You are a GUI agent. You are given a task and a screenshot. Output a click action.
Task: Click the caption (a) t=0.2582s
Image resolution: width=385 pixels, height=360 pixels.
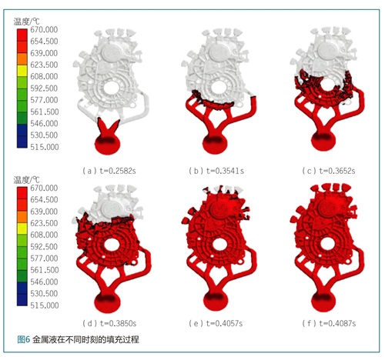click(109, 171)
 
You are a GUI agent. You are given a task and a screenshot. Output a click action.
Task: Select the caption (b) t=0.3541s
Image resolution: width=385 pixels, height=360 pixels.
click(216, 171)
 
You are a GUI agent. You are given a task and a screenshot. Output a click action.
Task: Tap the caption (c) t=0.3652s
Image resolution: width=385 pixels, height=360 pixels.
click(329, 171)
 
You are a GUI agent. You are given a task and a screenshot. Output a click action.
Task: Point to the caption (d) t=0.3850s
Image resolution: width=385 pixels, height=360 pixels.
click(109, 323)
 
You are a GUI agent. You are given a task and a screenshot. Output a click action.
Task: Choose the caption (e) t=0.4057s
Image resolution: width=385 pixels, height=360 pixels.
click(216, 323)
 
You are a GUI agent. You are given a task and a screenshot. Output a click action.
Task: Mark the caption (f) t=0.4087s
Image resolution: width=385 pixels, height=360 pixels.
click(329, 323)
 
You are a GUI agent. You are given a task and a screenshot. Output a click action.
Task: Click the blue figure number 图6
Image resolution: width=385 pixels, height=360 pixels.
click(24, 339)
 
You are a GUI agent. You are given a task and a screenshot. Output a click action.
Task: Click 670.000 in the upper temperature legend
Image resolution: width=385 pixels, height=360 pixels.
click(44, 30)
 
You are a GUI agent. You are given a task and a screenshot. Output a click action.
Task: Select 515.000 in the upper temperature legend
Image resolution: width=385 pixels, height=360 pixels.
click(45, 147)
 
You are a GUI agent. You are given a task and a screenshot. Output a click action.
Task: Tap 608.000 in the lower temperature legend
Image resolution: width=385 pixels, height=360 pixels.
click(44, 235)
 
